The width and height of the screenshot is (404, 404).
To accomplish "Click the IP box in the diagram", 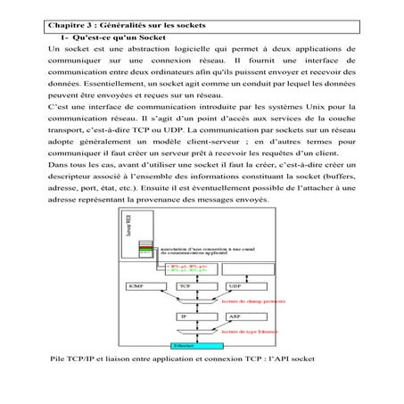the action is pos(186,317).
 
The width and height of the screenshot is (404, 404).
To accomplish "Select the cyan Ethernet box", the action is pos(183,345).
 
